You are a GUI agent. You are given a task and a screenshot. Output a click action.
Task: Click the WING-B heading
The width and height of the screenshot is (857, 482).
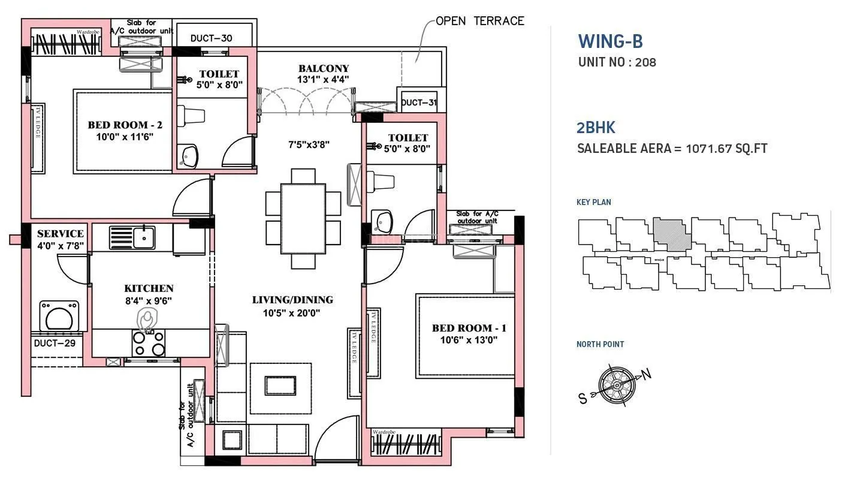(x=610, y=41)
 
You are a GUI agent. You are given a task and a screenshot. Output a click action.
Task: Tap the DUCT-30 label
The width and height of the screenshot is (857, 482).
(x=211, y=38)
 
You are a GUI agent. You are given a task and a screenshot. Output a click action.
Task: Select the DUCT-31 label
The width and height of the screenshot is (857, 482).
(x=418, y=103)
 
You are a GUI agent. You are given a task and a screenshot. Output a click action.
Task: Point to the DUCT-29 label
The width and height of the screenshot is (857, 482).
(x=55, y=344)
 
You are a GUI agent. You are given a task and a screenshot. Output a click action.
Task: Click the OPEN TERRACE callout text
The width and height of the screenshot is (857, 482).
(x=479, y=21)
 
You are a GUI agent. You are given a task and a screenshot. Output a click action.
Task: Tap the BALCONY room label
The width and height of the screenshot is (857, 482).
(x=324, y=68)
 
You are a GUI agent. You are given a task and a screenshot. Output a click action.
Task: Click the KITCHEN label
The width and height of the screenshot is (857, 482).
(x=149, y=288)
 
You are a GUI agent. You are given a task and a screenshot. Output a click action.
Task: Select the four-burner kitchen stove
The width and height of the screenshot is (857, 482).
(x=149, y=344)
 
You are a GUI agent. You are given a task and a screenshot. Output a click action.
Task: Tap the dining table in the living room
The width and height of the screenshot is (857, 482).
(x=303, y=219)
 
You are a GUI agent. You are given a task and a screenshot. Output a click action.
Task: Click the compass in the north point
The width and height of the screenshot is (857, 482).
(x=615, y=384)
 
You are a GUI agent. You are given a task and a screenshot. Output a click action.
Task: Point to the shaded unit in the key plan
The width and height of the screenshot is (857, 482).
(x=671, y=234)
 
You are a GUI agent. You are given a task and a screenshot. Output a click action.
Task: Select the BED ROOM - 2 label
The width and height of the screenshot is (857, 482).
(x=125, y=125)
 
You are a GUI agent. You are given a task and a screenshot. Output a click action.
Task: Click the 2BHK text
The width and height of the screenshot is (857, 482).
(x=596, y=127)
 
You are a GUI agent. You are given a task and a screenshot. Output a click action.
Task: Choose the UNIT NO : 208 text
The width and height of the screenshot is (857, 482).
(x=617, y=62)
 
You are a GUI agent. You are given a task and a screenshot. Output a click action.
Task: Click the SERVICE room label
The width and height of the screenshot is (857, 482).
(x=60, y=233)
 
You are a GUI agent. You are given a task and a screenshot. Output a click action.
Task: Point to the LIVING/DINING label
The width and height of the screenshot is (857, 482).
(x=292, y=300)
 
